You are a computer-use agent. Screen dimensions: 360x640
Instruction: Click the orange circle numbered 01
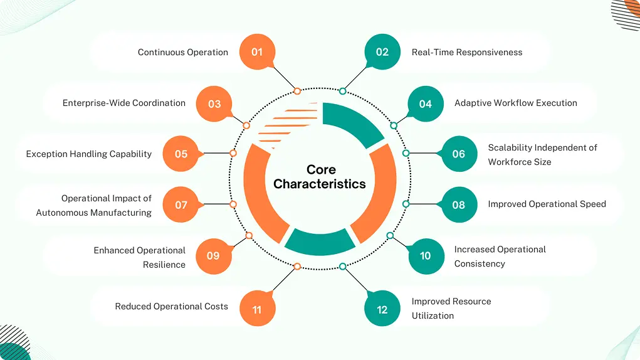(x=257, y=52)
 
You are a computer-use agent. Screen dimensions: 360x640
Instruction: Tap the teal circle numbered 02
(x=382, y=52)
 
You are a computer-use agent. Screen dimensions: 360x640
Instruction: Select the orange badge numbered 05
(x=181, y=154)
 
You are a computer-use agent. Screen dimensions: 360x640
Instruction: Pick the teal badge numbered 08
(x=459, y=204)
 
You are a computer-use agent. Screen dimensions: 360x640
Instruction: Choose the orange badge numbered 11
(x=257, y=309)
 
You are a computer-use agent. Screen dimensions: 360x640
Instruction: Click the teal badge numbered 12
(x=382, y=309)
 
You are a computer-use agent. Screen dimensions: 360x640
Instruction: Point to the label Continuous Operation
(x=183, y=52)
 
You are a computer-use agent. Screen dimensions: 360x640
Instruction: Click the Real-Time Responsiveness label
(x=466, y=52)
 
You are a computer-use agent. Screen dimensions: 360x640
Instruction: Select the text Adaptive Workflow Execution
(x=515, y=103)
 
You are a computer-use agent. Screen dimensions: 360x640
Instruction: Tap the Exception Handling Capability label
(x=89, y=154)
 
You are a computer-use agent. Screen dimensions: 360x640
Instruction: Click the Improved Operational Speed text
(x=547, y=204)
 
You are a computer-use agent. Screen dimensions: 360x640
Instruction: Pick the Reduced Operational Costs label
(x=171, y=307)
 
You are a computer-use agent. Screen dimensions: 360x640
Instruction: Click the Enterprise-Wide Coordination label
(x=124, y=103)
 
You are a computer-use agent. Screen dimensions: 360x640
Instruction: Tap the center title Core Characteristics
(x=320, y=177)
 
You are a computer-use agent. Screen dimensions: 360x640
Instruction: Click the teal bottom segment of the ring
(x=320, y=241)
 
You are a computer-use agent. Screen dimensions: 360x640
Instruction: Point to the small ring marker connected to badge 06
(x=406, y=153)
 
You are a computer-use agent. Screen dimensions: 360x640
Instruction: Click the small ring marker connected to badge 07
(x=233, y=204)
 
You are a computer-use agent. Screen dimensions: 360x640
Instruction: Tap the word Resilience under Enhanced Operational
(x=164, y=265)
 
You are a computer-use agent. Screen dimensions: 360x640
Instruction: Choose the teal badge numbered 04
(x=426, y=103)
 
